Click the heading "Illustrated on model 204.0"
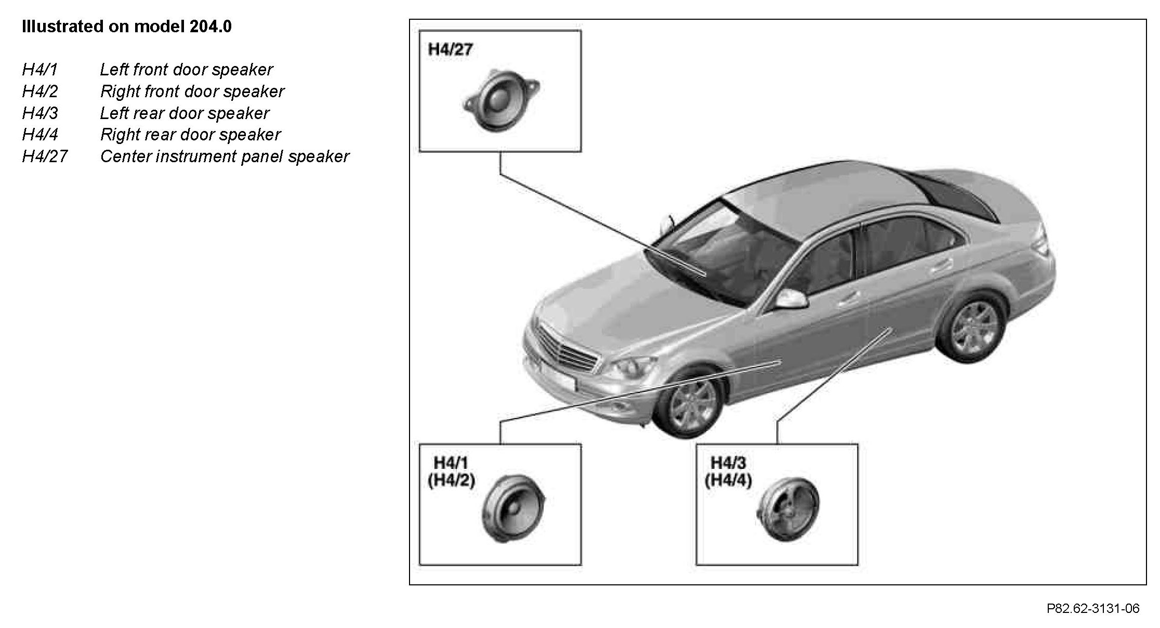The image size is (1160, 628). [x=126, y=27]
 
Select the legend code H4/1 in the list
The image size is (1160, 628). [x=39, y=70]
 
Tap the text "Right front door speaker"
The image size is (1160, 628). [x=192, y=91]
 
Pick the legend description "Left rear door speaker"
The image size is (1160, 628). [x=184, y=113]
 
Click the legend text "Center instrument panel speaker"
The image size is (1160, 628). [x=225, y=156]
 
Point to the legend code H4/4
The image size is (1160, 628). [x=40, y=135]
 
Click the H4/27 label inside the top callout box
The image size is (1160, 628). [x=450, y=50]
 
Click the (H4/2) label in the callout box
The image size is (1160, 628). [x=451, y=480]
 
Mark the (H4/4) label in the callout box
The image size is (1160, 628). [x=728, y=480]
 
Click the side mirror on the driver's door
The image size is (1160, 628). [x=792, y=299]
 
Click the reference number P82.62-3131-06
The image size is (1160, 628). [x=1092, y=608]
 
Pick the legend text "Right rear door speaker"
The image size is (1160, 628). [x=190, y=135]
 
